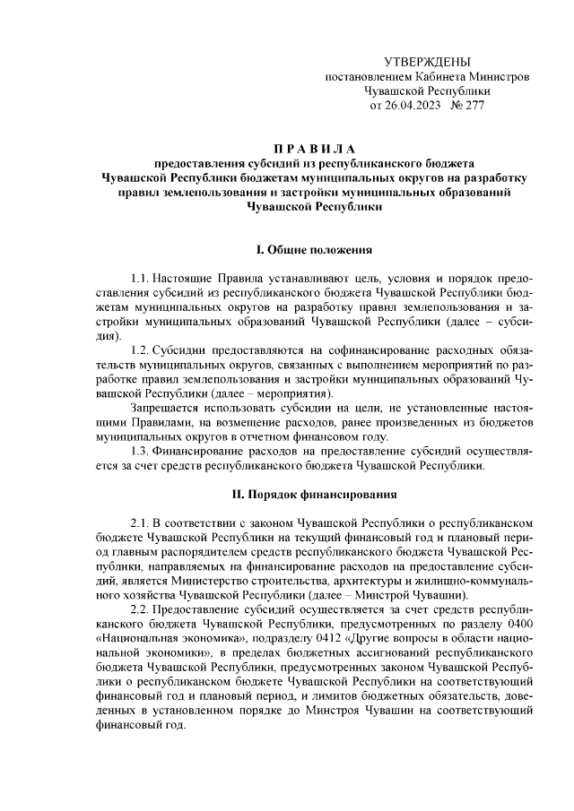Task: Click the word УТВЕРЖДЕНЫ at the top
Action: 426,62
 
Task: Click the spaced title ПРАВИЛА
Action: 314,148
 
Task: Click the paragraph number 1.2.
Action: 140,349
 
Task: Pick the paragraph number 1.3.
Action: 140,450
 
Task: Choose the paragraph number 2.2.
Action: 140,609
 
